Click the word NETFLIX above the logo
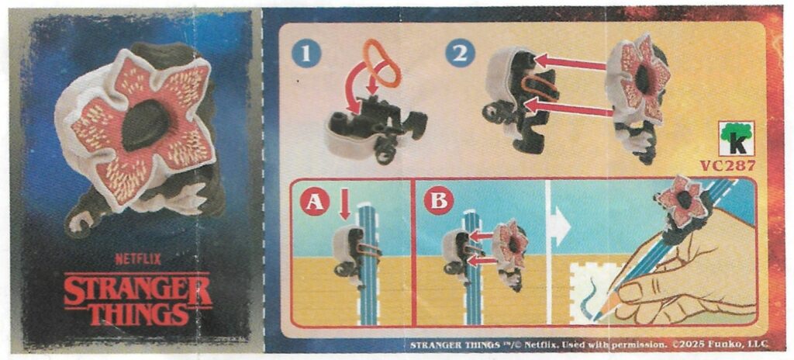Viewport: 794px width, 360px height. point(138,259)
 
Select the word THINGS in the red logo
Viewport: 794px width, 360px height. point(138,314)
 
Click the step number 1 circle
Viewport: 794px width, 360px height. point(305,54)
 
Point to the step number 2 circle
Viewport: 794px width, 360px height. point(461,54)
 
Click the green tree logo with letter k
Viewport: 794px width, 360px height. point(737,139)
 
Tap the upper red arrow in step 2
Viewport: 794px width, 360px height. point(571,63)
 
